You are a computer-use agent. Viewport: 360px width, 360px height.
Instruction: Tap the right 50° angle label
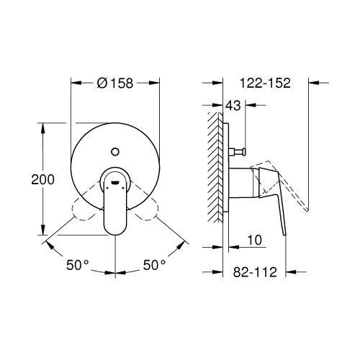click(x=153, y=265)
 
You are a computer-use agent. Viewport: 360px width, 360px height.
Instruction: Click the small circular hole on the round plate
click(x=114, y=153)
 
